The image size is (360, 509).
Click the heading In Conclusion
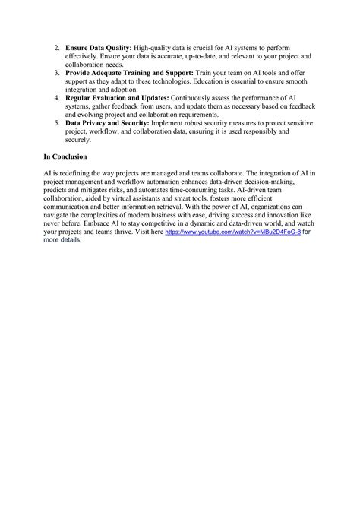pyautogui.click(x=65, y=156)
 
